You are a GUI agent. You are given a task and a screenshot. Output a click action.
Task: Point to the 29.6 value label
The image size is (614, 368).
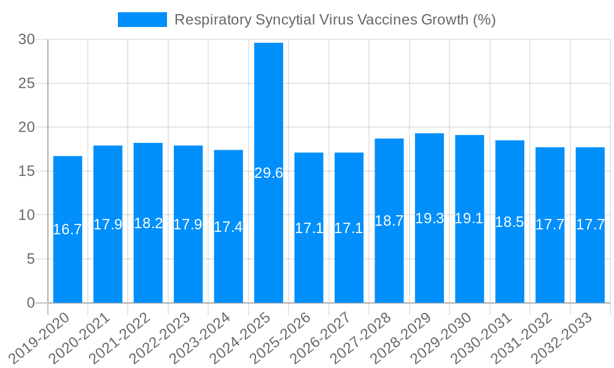(x=268, y=173)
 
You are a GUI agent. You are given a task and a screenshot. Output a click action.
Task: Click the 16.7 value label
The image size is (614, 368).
(x=68, y=229)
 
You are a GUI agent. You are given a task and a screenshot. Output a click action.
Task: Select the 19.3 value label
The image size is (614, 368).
(x=429, y=218)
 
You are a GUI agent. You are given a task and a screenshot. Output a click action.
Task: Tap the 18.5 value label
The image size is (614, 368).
(x=510, y=222)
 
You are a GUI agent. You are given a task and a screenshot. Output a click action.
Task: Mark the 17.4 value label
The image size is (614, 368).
(x=228, y=226)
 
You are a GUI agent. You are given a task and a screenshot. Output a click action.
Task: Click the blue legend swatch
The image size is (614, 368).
(x=142, y=20)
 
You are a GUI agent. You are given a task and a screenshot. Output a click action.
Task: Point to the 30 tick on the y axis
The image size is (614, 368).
(x=26, y=39)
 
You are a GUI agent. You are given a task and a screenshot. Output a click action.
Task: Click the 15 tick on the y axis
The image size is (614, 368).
(x=26, y=171)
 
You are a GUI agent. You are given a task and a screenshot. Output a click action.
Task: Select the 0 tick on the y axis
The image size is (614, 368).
(x=31, y=303)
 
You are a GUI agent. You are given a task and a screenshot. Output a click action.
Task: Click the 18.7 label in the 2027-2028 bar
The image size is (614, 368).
(x=389, y=221)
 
